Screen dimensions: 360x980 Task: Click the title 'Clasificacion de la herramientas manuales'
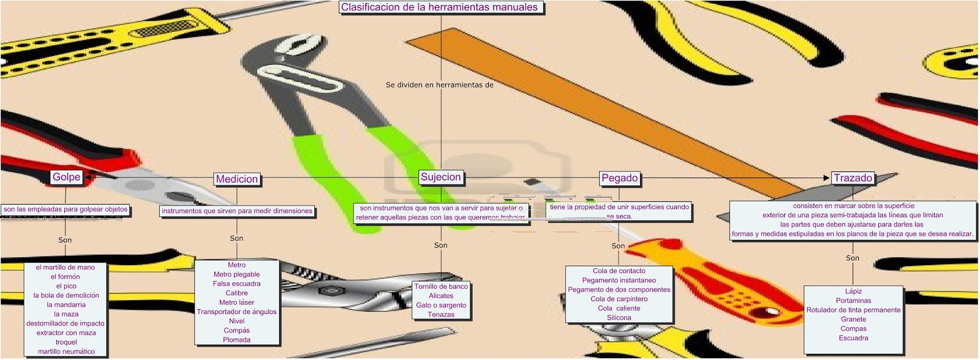[x=439, y=7]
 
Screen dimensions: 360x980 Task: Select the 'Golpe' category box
[x=66, y=177]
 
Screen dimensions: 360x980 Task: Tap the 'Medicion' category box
[x=236, y=179]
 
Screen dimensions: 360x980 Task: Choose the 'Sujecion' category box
[x=440, y=177]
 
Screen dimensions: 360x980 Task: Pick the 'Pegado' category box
[x=619, y=178]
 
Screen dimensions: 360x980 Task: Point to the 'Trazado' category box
[x=853, y=178]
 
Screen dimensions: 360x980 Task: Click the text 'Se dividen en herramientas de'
[x=439, y=85]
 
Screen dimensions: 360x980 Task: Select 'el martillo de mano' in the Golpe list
[x=65, y=268]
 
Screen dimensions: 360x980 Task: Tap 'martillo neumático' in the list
[x=66, y=351]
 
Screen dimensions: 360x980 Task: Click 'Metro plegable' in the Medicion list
[x=236, y=274]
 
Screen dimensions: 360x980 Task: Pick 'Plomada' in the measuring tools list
[x=236, y=340]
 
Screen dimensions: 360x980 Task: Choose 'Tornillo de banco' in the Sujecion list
[x=441, y=287]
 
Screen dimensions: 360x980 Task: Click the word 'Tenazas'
[x=441, y=315]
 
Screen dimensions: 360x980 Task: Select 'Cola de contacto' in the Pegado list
[x=619, y=271]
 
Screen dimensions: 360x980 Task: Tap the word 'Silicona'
[x=619, y=318]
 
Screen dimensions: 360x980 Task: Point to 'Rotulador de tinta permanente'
[x=853, y=310]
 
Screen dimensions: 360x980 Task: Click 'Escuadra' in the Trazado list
[x=853, y=338]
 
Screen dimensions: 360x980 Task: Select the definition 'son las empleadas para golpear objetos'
[x=66, y=209]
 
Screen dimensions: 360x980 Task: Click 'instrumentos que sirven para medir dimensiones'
[x=237, y=211]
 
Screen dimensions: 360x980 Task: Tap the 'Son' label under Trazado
[x=853, y=258]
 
